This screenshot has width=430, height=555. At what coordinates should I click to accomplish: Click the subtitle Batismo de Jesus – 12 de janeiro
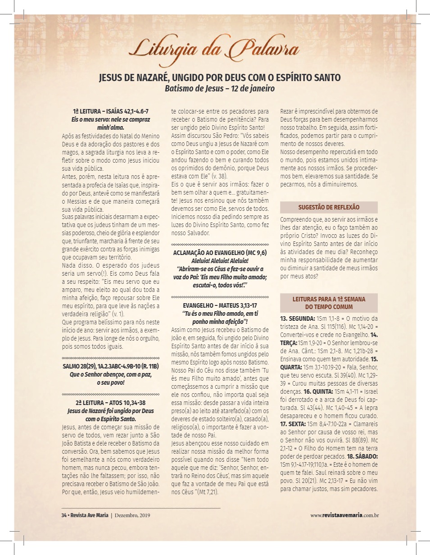(x=220, y=88)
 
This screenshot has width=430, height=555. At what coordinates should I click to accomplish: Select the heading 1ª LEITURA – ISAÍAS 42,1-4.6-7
(x=110, y=111)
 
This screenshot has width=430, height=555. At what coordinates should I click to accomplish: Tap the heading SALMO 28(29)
(x=111, y=366)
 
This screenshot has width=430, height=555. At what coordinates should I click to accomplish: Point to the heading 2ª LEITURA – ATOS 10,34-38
(x=111, y=402)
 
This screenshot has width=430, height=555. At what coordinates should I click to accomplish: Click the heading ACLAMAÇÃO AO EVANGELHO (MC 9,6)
(x=220, y=252)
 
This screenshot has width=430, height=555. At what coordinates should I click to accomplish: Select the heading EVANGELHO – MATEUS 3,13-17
(x=220, y=305)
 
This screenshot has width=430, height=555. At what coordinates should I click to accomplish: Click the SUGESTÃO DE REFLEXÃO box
(x=329, y=207)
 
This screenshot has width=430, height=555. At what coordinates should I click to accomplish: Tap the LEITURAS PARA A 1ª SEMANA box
(x=329, y=302)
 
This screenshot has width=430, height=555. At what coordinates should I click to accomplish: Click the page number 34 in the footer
(x=63, y=515)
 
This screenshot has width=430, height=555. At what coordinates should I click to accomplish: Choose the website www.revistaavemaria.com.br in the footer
(x=344, y=515)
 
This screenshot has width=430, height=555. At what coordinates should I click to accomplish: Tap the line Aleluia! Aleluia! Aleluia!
(x=220, y=260)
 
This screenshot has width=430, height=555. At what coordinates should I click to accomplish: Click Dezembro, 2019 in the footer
(x=132, y=515)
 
